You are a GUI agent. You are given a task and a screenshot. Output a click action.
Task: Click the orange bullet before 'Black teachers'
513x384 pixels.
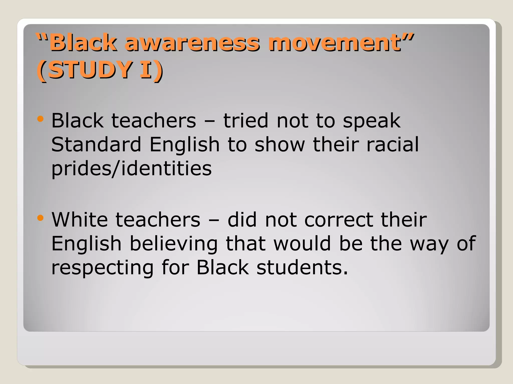pos(40,119)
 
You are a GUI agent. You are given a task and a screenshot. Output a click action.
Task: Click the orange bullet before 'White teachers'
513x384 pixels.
pos(40,218)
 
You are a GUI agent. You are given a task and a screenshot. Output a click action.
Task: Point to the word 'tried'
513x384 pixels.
pos(246,121)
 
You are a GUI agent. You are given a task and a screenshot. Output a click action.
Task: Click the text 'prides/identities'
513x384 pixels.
pos(132,169)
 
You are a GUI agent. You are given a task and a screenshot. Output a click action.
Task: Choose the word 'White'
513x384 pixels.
pos(80,220)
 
